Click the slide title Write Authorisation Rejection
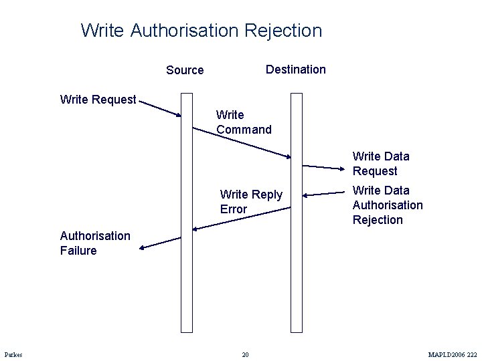pos(201,31)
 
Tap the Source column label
pos(185,70)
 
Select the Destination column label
pos(295,70)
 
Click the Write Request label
pos(98,100)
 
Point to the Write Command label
pos(244,122)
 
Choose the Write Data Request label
pos(380,164)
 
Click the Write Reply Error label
pos(251,202)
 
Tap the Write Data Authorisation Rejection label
pos(387,205)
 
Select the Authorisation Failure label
pos(95,243)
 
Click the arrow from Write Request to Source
pos(161,109)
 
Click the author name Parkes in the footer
pos(13,354)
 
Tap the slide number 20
pos(245,354)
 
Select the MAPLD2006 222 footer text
pos(453,354)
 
